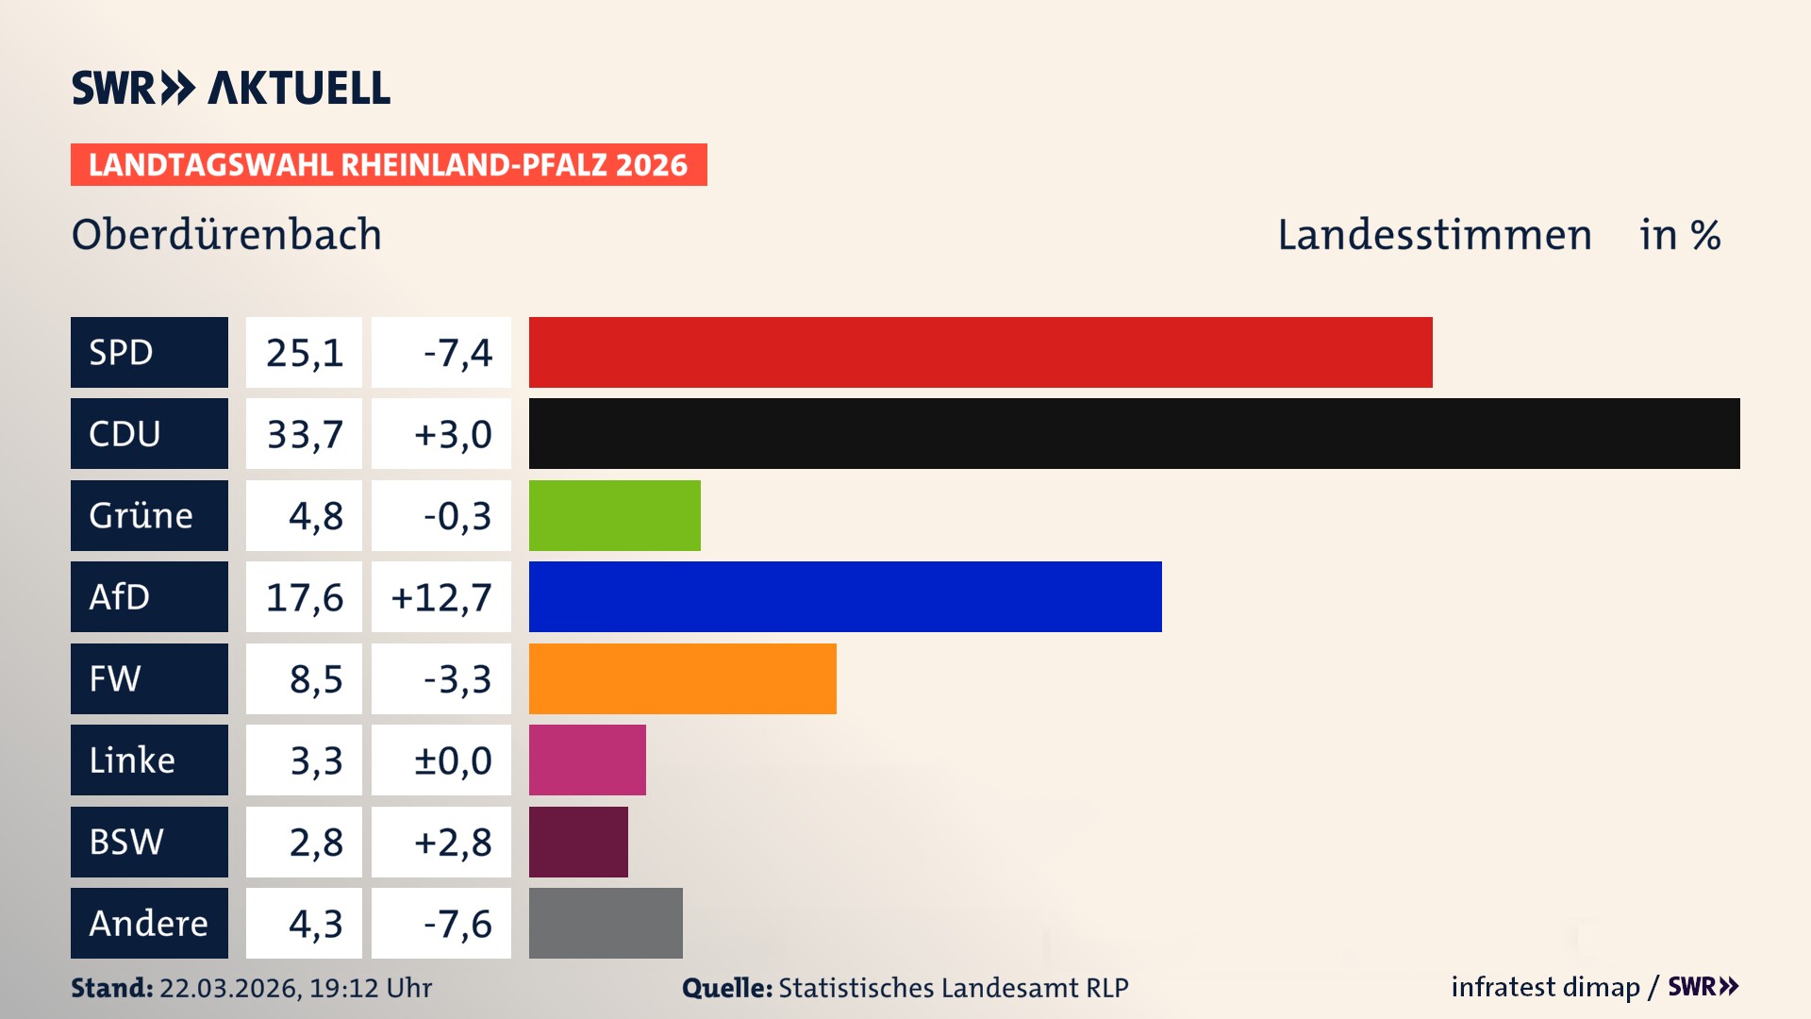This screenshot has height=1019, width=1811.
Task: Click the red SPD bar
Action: pyautogui.click(x=980, y=352)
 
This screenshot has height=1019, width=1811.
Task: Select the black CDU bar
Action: pyautogui.click(x=1134, y=433)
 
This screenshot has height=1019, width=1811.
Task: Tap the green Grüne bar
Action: pyautogui.click(x=614, y=515)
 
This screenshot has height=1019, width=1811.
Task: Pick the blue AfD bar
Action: pyautogui.click(x=845, y=596)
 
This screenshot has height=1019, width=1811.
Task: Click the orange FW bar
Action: pyautogui.click(x=682, y=678)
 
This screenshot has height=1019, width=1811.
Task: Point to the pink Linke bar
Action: pyautogui.click(x=587, y=760)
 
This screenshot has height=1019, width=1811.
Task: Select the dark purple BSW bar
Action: pyautogui.click(x=578, y=842)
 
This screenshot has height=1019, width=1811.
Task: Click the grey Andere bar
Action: pyautogui.click(x=606, y=923)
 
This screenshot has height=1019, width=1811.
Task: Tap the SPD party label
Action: pyautogui.click(x=149, y=352)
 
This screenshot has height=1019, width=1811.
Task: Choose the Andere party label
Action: pyautogui.click(x=149, y=923)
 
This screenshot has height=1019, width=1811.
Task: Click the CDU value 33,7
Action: pyautogui.click(x=304, y=434)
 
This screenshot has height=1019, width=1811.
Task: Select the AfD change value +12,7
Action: pyautogui.click(x=441, y=597)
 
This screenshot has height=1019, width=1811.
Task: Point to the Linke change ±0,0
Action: pyautogui.click(x=452, y=760)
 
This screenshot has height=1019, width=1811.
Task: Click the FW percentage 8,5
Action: pyautogui.click(x=315, y=679)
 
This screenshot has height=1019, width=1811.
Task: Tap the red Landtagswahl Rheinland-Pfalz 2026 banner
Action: pyautogui.click(x=389, y=165)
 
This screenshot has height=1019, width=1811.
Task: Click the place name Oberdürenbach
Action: pyautogui.click(x=226, y=234)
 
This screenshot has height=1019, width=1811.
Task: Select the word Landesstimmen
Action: pyautogui.click(x=1434, y=234)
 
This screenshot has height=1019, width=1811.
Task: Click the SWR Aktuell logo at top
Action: pyautogui.click(x=231, y=88)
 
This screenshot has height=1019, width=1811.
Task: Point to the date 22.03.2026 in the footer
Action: pyautogui.click(x=229, y=988)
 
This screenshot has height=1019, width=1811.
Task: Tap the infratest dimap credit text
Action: pyautogui.click(x=1544, y=987)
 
